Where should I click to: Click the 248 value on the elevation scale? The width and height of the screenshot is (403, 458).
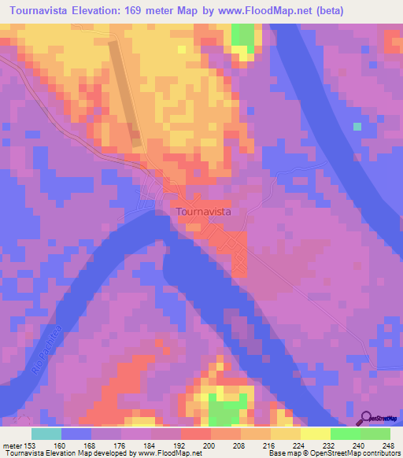coord(388,445)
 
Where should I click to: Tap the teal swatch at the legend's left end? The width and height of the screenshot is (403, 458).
coord(46,434)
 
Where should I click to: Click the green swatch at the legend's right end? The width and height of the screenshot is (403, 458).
coord(375,434)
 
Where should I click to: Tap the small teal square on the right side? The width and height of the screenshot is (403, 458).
coord(357,126)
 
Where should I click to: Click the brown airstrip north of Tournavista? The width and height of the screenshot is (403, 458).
coord(126,94)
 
